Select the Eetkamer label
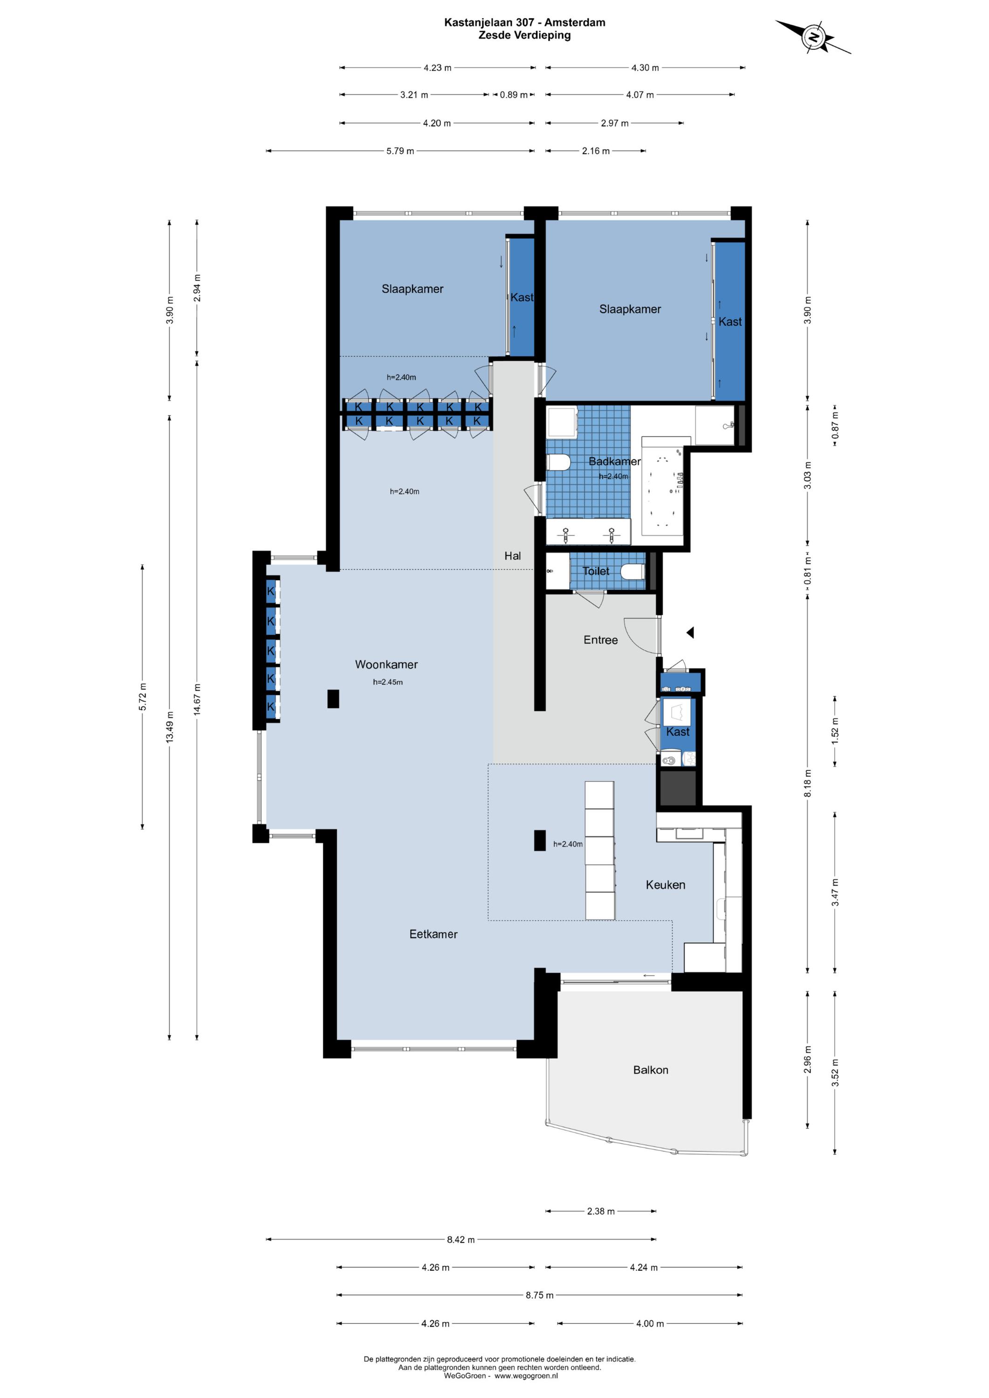click(x=433, y=934)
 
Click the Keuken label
click(x=665, y=885)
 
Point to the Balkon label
click(x=651, y=1070)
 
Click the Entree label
click(x=600, y=640)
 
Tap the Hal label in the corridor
click(x=512, y=555)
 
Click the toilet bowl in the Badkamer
click(x=558, y=463)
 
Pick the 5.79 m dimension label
click(x=400, y=151)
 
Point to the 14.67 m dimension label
click(x=197, y=701)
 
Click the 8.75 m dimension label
click(x=540, y=1295)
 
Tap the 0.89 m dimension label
click(x=514, y=95)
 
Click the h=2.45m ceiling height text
click(x=388, y=682)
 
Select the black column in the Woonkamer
click(x=333, y=699)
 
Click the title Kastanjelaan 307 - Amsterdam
click(x=524, y=22)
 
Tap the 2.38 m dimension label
click(x=600, y=1211)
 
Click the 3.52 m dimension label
click(x=835, y=1073)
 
